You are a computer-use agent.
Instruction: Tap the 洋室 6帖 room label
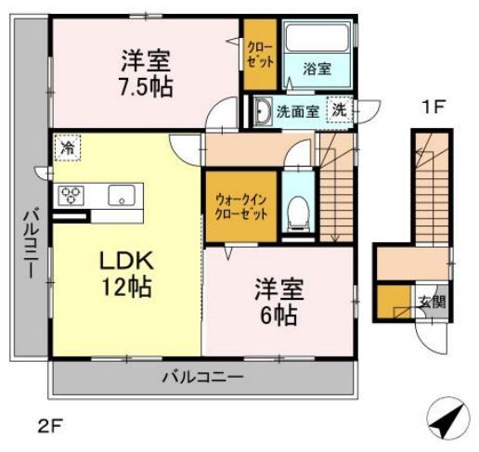[x=276, y=302]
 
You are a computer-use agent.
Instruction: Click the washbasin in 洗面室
[x=260, y=110]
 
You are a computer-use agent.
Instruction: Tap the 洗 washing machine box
[x=341, y=109]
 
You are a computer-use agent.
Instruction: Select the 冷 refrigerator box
[x=67, y=148]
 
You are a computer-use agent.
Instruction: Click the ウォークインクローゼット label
[x=239, y=203]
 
